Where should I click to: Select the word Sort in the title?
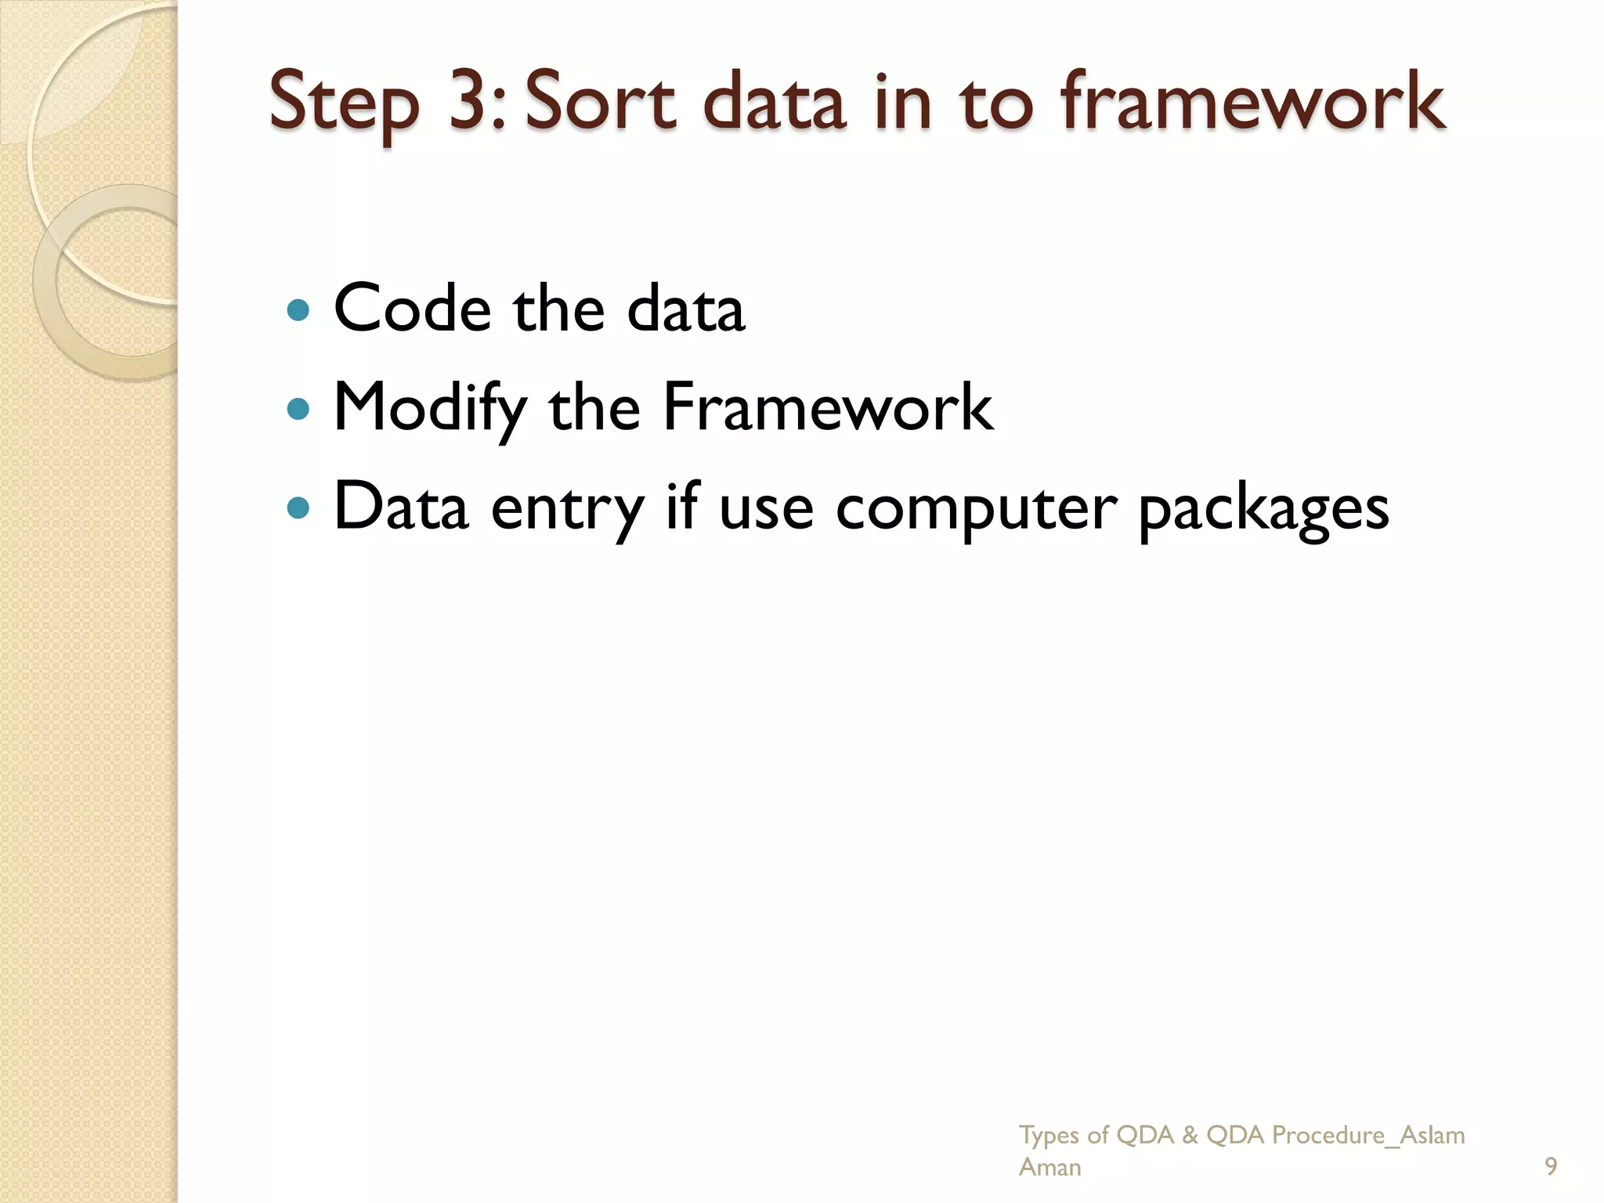599,101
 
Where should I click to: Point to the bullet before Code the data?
298,310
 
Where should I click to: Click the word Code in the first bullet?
412,309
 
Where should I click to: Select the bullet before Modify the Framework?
298,409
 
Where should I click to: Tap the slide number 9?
1550,1167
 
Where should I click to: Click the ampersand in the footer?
1190,1135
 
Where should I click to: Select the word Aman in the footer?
1049,1167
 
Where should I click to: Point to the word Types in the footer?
1049,1136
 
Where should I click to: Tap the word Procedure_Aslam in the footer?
1367,1135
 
